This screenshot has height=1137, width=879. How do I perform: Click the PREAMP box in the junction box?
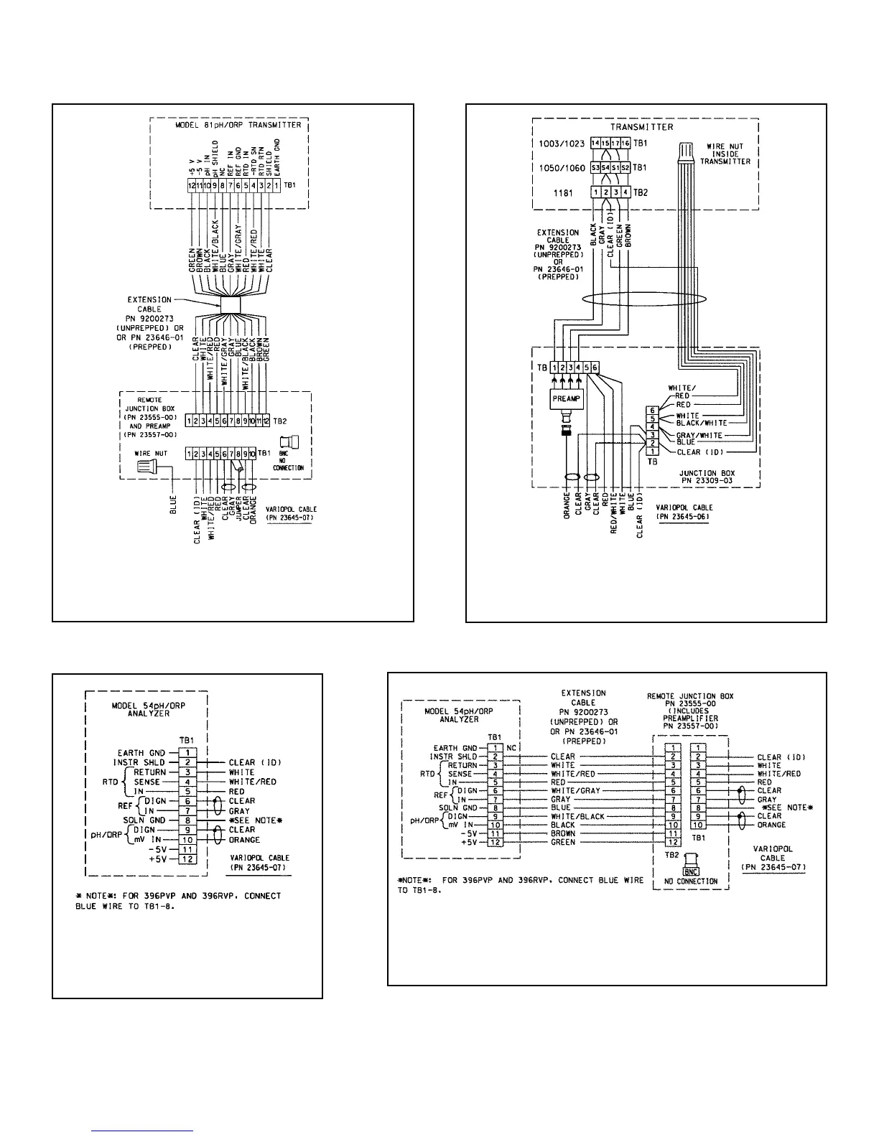coord(567,399)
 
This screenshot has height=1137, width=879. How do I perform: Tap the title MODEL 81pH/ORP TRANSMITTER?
coord(238,125)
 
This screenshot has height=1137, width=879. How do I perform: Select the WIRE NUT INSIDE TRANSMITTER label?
coord(726,154)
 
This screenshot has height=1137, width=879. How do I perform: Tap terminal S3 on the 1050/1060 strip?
coord(595,168)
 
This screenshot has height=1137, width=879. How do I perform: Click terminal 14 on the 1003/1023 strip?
coord(595,144)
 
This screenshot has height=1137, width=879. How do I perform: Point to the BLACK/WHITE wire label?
coord(702,423)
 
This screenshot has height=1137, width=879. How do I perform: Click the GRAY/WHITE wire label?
coord(699,436)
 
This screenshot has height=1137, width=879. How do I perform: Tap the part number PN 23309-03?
coord(697,480)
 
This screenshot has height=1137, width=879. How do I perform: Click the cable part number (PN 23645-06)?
coord(682,515)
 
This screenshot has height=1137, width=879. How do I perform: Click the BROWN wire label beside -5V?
coord(562,834)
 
